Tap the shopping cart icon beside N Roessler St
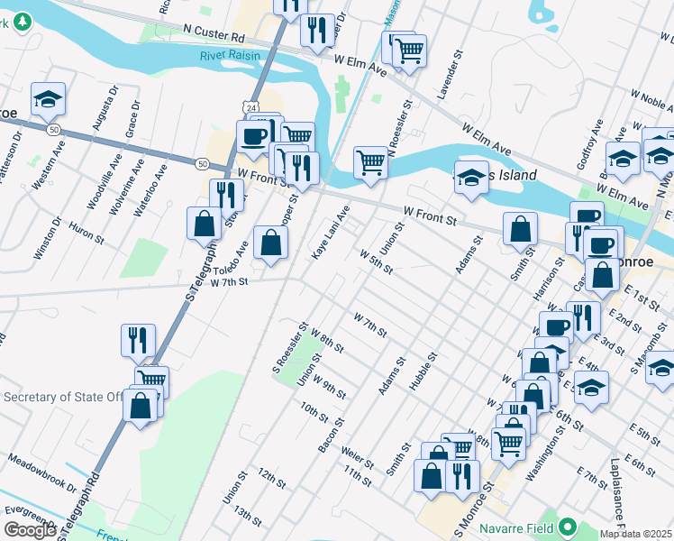tap(370, 163)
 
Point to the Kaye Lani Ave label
tap(330, 234)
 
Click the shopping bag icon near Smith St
tap(520, 230)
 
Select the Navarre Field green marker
tap(567, 526)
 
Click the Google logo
tap(30, 530)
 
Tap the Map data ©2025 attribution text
tap(636, 534)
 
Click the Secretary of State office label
tap(63, 397)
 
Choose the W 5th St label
tap(377, 263)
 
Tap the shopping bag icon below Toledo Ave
tap(270, 243)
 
